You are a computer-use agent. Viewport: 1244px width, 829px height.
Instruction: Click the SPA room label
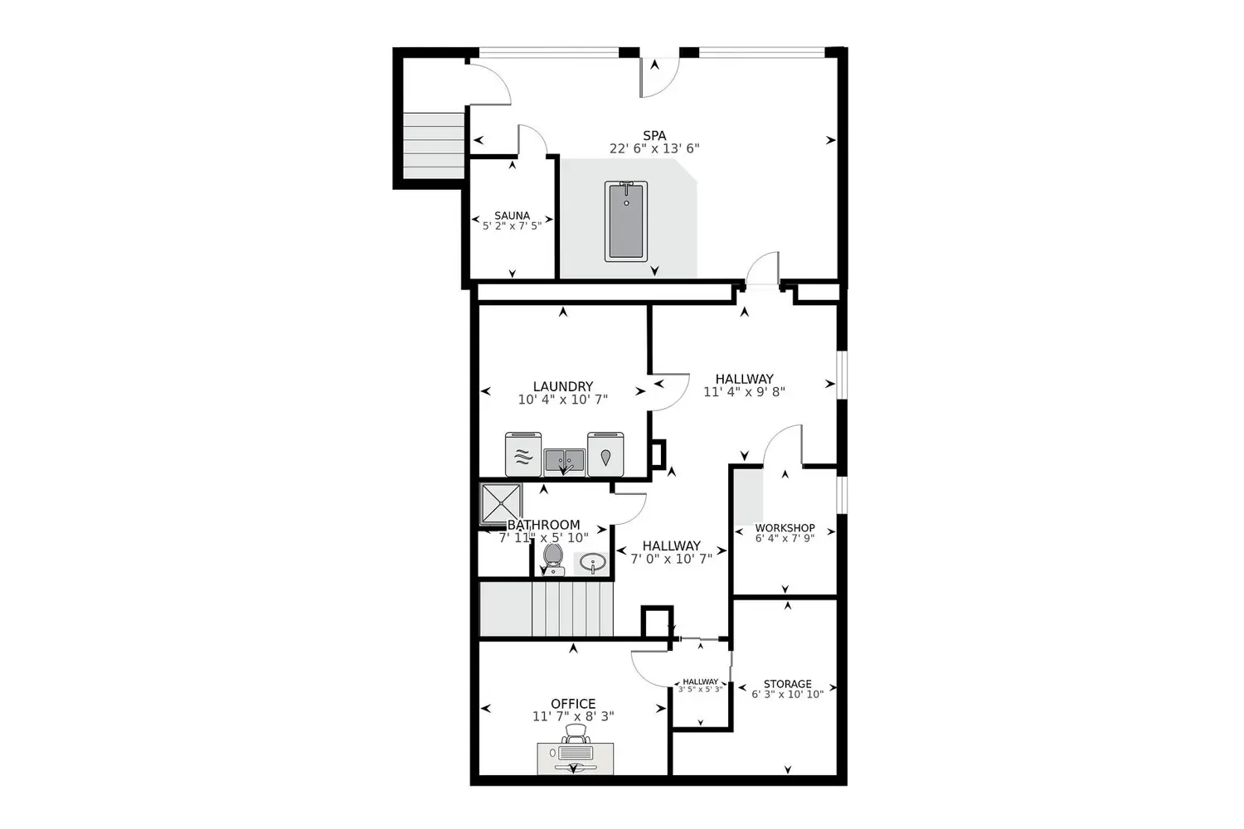point(654,136)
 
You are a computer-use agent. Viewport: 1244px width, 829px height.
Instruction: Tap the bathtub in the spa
point(626,221)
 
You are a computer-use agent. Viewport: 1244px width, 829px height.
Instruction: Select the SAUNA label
point(512,216)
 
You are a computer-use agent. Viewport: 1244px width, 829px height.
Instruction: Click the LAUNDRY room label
point(562,386)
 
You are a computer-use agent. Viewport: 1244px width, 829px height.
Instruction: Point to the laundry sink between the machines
point(565,458)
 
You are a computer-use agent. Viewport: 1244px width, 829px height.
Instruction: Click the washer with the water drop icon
point(605,455)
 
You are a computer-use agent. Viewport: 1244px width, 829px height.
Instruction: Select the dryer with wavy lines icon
point(522,455)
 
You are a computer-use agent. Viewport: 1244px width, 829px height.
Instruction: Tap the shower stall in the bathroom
point(502,503)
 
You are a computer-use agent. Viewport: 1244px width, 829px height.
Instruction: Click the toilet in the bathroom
point(553,559)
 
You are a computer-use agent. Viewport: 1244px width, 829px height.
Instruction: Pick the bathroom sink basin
point(592,564)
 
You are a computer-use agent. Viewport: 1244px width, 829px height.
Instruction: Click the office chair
point(576,734)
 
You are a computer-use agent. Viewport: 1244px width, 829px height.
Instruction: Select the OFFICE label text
point(573,704)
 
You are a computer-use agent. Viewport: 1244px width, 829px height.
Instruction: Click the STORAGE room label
point(787,684)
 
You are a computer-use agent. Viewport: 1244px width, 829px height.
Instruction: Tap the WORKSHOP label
point(785,527)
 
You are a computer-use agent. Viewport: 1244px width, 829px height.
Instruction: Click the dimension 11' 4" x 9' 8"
point(744,392)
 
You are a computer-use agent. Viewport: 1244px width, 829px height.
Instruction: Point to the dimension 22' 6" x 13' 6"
point(654,149)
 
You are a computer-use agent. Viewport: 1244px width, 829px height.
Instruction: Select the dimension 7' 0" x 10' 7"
point(671,559)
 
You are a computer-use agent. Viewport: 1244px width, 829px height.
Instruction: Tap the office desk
point(576,758)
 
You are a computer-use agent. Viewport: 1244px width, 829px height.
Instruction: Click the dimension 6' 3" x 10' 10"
point(787,695)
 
